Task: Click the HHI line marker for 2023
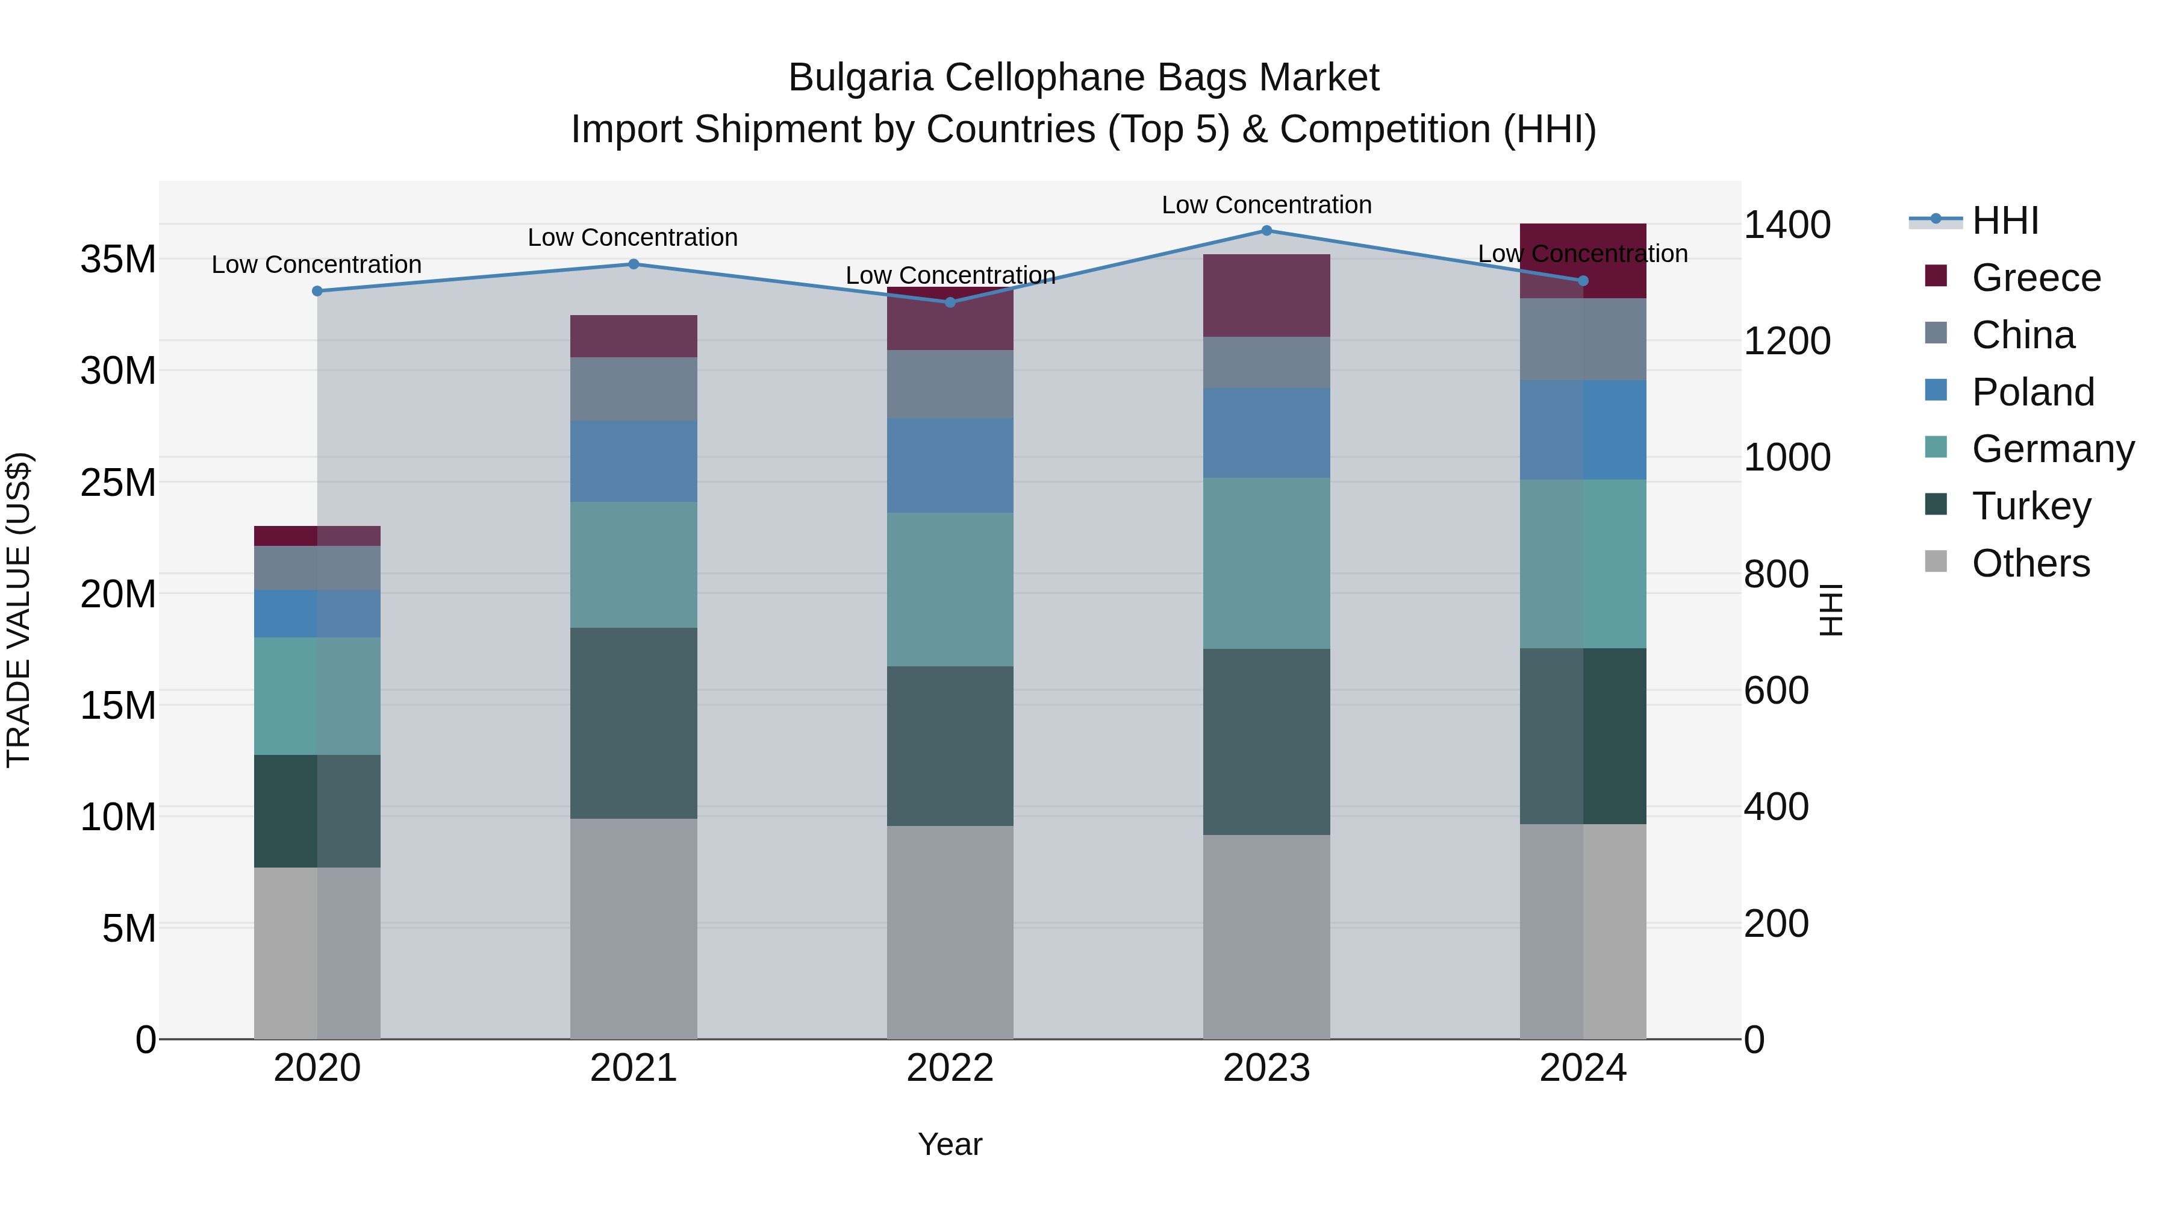[1266, 231]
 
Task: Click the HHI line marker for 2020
[317, 292]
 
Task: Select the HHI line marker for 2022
[950, 302]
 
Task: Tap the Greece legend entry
[2035, 278]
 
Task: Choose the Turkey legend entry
[2030, 506]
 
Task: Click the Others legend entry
[2030, 563]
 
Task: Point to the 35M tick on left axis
[118, 259]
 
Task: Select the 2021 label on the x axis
[634, 1068]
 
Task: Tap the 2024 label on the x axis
[1583, 1068]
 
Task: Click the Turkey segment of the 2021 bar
[634, 722]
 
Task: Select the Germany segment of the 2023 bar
[1266, 563]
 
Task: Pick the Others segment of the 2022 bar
[950, 931]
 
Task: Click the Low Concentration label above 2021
[633, 237]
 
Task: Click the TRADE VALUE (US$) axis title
[19, 610]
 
